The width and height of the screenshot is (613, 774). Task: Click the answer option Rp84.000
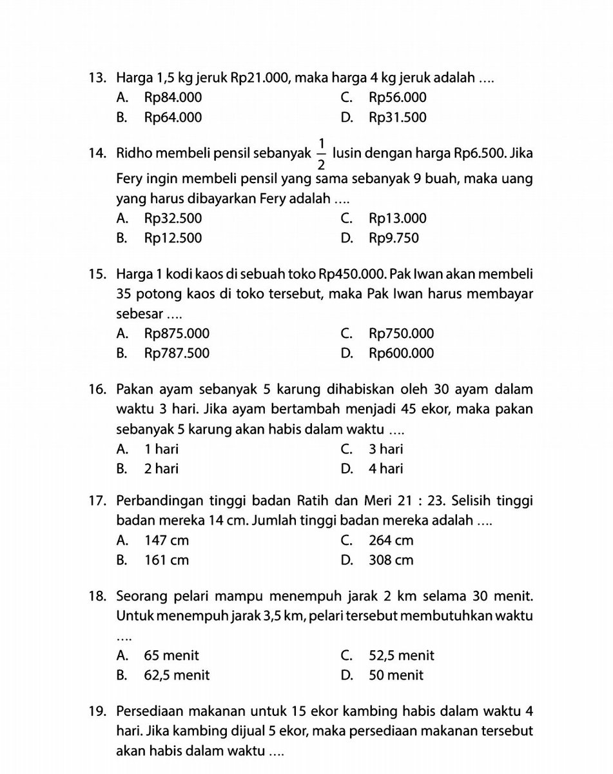173,98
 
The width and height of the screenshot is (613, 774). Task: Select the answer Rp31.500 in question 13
397,117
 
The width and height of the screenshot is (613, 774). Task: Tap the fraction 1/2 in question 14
322,155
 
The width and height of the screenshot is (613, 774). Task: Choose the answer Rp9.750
393,238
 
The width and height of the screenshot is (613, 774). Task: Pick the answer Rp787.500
177,353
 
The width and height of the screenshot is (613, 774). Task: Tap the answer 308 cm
391,560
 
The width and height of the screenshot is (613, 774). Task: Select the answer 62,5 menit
177,675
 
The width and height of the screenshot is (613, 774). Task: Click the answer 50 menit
396,675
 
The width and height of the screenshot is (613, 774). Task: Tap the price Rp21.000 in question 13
258,79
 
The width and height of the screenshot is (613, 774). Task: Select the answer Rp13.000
397,219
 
